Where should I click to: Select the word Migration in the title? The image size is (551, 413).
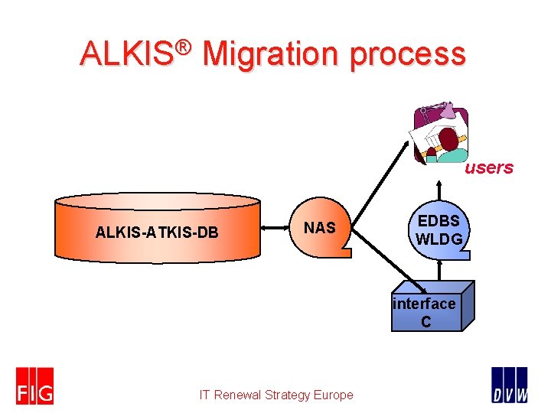(x=271, y=54)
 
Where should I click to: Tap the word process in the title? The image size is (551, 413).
(x=409, y=54)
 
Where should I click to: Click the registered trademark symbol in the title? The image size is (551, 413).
(x=183, y=47)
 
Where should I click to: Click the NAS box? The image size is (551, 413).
(x=320, y=228)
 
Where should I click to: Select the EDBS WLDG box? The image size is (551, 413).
(x=438, y=230)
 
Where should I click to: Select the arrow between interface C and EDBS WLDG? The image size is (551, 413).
(x=439, y=270)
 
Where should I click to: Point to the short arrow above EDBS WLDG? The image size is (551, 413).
(x=439, y=192)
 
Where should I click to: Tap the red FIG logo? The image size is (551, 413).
(x=35, y=385)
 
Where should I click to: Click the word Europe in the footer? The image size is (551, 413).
(x=334, y=395)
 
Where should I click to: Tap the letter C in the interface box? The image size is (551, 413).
(x=425, y=322)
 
